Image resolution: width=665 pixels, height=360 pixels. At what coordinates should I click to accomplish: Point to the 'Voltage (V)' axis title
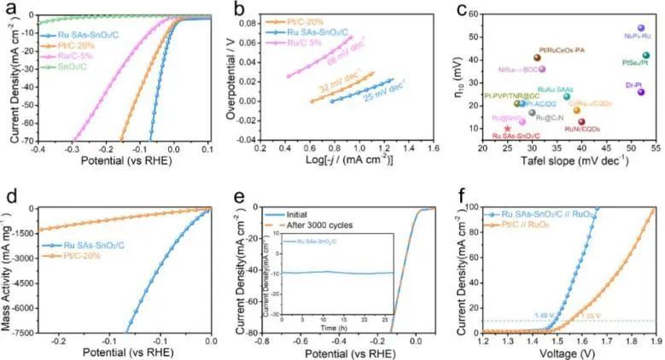[x=563, y=352]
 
